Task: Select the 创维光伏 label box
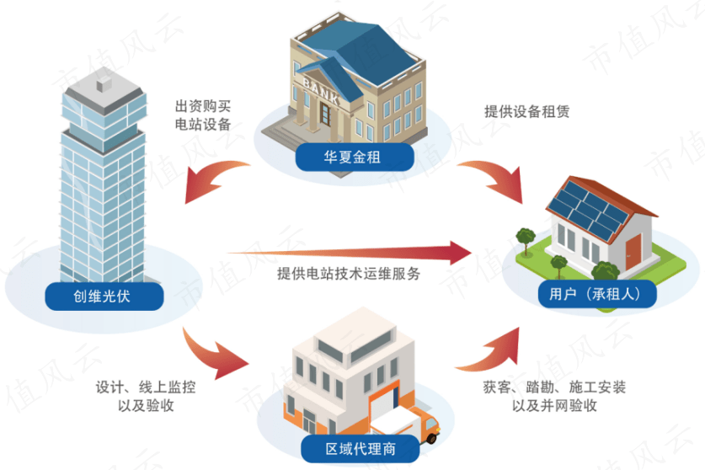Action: [x=103, y=294]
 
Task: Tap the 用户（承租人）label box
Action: [x=596, y=294]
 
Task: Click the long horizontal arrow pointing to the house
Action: [x=354, y=251]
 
